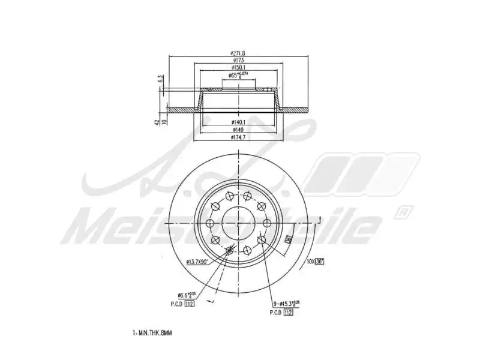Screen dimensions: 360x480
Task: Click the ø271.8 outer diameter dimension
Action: tap(239, 53)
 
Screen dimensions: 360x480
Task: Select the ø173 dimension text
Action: tap(239, 61)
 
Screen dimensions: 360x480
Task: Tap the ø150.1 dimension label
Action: tap(239, 68)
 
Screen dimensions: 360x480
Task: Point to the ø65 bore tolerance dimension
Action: tap(239, 76)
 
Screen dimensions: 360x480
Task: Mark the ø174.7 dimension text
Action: tap(239, 137)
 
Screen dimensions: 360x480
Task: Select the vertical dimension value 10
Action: tap(164, 121)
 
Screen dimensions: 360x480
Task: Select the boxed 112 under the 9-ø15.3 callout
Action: tap(288, 313)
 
